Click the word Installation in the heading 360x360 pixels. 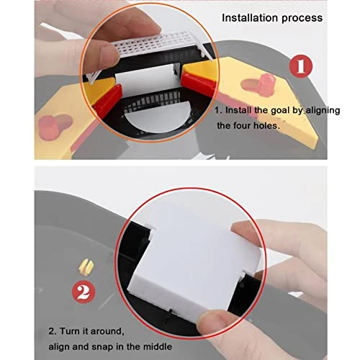tap(250, 18)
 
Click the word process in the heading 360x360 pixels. tap(302, 19)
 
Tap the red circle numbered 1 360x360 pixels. tap(301, 66)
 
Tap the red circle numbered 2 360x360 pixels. tap(84, 292)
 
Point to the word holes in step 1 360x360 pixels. tap(266, 125)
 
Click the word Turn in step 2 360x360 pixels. tap(70, 331)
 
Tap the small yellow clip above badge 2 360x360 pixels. tap(86, 267)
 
